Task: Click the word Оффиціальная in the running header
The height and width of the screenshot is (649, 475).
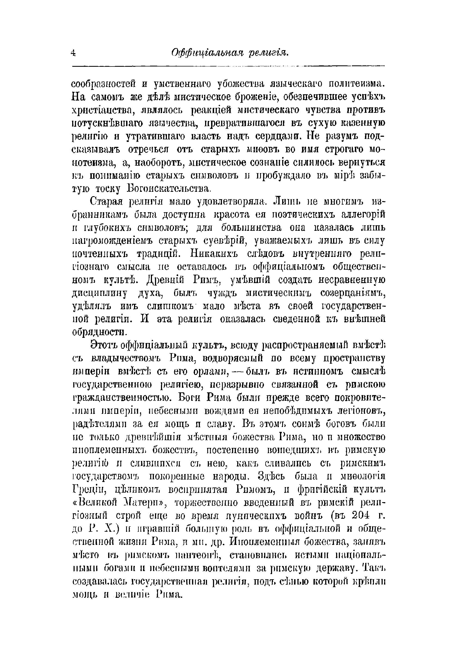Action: [207, 53]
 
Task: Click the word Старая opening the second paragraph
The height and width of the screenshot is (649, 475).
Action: [106, 202]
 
